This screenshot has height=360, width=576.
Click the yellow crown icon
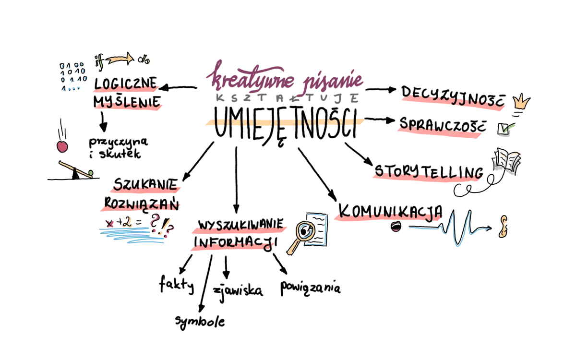(x=521, y=102)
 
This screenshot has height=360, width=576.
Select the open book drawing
(x=506, y=163)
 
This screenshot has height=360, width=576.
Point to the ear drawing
(x=503, y=226)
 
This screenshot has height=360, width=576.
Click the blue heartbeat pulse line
(x=456, y=228)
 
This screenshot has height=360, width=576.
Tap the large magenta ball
(x=62, y=147)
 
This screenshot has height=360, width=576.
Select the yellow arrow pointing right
(x=121, y=60)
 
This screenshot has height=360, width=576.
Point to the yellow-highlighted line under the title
(x=284, y=122)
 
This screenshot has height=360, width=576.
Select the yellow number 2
(x=127, y=222)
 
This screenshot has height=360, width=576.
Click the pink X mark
(x=110, y=223)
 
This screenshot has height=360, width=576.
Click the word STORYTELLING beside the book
(x=427, y=174)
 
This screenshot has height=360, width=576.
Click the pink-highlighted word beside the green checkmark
(x=440, y=130)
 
